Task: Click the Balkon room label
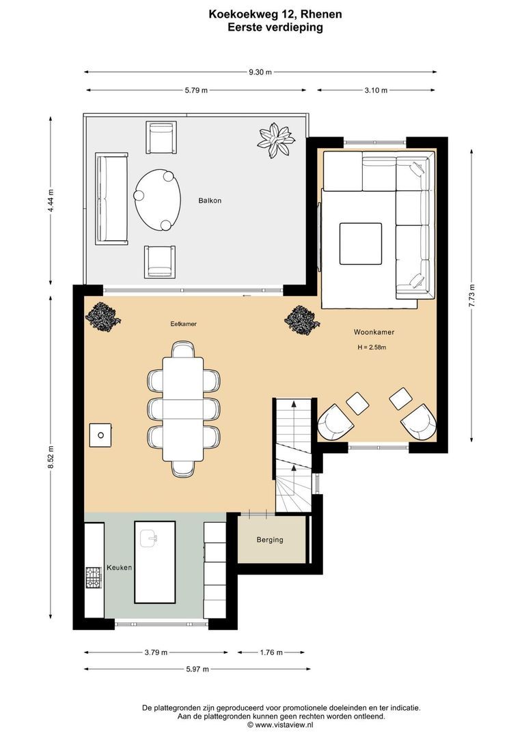point(210,201)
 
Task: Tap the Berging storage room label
point(270,540)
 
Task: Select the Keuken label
point(119,567)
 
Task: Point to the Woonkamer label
point(374,332)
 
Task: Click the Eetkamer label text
point(184,324)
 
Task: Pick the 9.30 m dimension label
point(260,72)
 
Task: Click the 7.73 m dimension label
point(471,295)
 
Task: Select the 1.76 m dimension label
point(271,652)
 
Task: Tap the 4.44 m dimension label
point(51,201)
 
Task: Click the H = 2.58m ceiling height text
point(372,348)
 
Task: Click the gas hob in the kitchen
point(93,578)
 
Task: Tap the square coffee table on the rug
point(361,244)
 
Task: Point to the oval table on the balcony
point(157,200)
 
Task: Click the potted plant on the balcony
point(276,140)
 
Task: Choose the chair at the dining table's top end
point(183,349)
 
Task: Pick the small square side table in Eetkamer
point(100,435)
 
